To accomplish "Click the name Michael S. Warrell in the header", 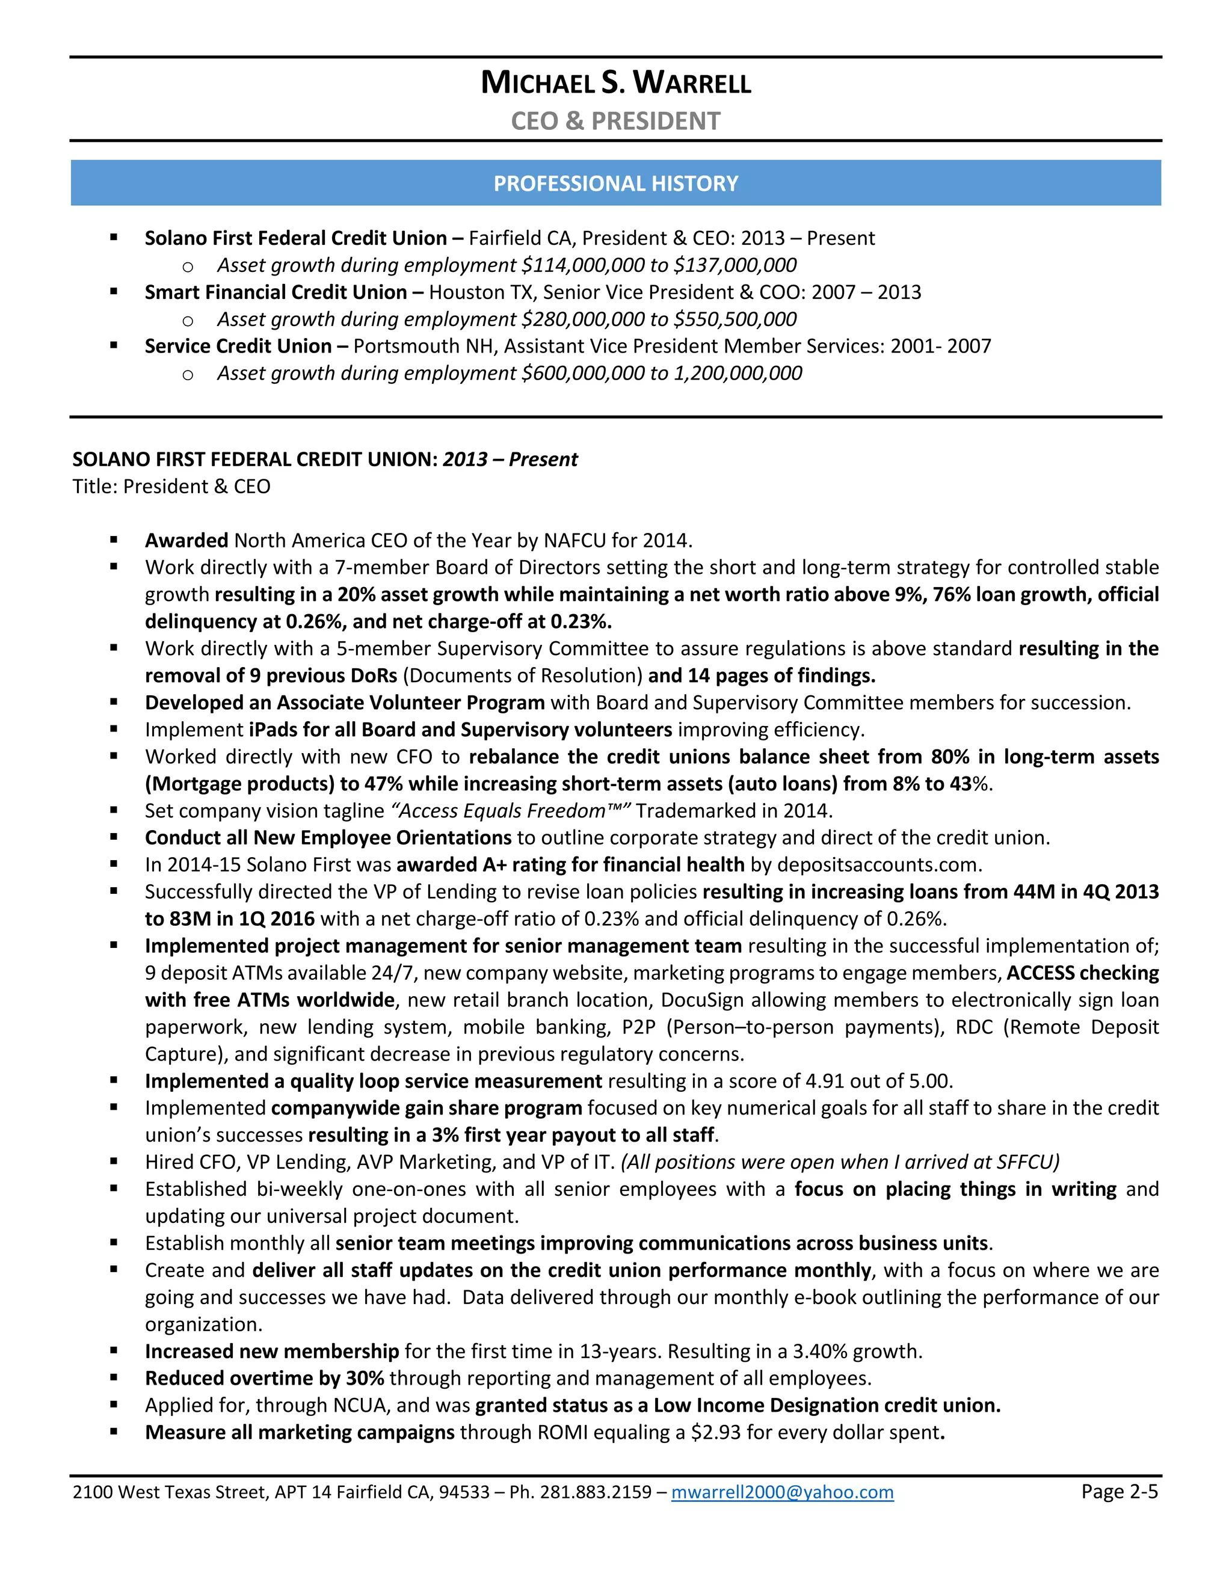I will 615,82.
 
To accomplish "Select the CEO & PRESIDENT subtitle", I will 615,121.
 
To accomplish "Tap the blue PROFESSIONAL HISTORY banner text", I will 615,183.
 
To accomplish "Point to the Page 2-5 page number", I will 1119,1491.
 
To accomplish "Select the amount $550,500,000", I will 735,319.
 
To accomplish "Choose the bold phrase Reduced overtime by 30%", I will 264,1378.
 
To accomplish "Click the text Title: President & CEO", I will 171,487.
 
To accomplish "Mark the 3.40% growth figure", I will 856,1351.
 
